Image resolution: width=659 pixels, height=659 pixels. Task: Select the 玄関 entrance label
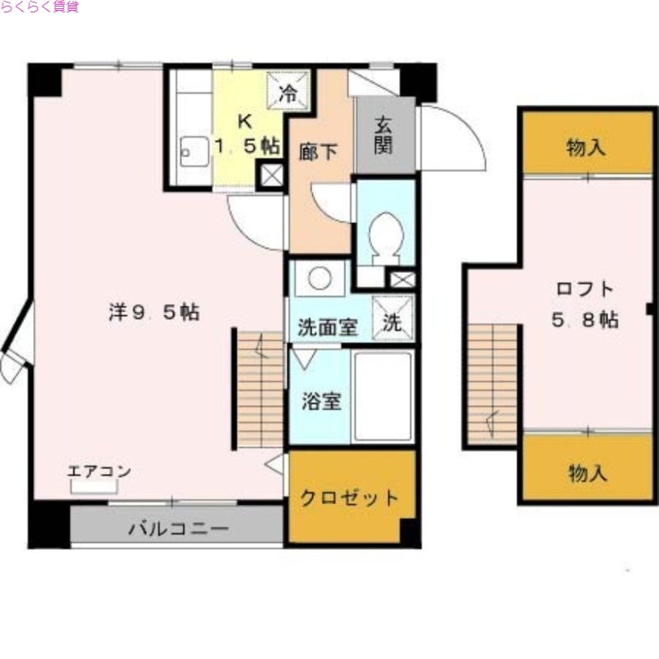pyautogui.click(x=384, y=135)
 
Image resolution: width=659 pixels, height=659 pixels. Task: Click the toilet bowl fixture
pyautogui.click(x=384, y=234)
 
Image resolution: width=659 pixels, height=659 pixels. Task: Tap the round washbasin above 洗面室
pyautogui.click(x=320, y=278)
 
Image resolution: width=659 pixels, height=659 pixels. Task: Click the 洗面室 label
pyautogui.click(x=327, y=326)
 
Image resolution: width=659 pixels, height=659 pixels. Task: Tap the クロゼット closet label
pyautogui.click(x=349, y=498)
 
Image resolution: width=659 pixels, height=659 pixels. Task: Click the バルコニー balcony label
pyautogui.click(x=177, y=529)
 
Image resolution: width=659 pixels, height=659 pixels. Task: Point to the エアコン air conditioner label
pyautogui.click(x=99, y=472)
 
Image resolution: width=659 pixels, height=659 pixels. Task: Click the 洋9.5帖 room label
pyautogui.click(x=153, y=312)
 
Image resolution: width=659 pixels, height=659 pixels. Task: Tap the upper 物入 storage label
pyautogui.click(x=587, y=148)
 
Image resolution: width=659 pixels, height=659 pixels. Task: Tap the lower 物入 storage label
pyautogui.click(x=587, y=474)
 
